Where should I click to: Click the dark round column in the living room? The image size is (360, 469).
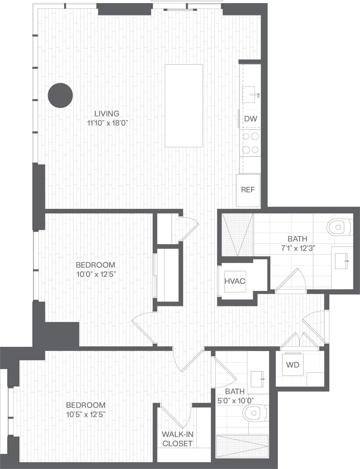pos(60,95)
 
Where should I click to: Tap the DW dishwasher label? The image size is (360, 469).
pos(250,119)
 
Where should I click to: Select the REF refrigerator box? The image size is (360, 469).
pos(248,190)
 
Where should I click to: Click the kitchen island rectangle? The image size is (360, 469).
pos(184,106)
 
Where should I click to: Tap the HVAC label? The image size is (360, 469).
pos(235,281)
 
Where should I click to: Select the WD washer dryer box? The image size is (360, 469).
pos(293,365)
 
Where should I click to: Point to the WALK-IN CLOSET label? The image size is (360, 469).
pos(178,439)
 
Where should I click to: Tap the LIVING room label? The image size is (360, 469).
pos(107,114)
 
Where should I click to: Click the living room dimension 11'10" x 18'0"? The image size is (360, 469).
pos(107,123)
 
